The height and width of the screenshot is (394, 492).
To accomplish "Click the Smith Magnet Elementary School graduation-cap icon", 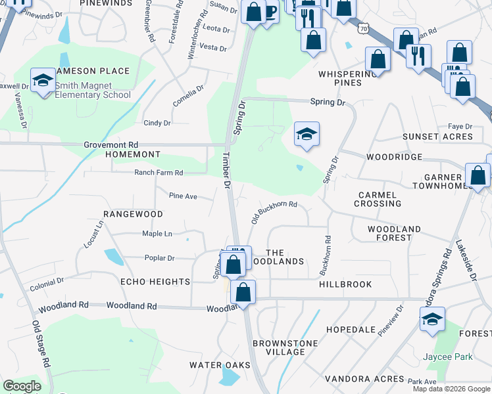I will [43, 81].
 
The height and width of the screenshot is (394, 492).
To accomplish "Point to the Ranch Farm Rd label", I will [159, 173].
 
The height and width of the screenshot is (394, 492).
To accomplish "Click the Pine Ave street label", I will [183, 196].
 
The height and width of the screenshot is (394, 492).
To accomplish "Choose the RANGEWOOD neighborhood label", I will [133, 215].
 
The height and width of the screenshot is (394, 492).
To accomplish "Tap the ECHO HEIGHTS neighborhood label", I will [155, 282].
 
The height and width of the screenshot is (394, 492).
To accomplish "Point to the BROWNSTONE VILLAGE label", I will [285, 347].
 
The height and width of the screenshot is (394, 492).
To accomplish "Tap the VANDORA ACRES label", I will [372, 379].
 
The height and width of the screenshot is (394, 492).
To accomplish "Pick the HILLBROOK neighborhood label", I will [345, 284].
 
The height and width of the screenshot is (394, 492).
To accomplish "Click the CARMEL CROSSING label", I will [378, 199].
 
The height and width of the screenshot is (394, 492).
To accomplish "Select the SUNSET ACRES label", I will [438, 137].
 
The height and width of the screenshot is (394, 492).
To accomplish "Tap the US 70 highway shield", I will [364, 29].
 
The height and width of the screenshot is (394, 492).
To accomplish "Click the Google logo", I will [22, 386].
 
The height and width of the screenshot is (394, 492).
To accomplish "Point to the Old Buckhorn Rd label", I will [274, 213].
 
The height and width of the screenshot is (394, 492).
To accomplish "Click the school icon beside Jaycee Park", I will [432, 320].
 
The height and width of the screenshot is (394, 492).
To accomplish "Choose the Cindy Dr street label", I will [157, 123].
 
